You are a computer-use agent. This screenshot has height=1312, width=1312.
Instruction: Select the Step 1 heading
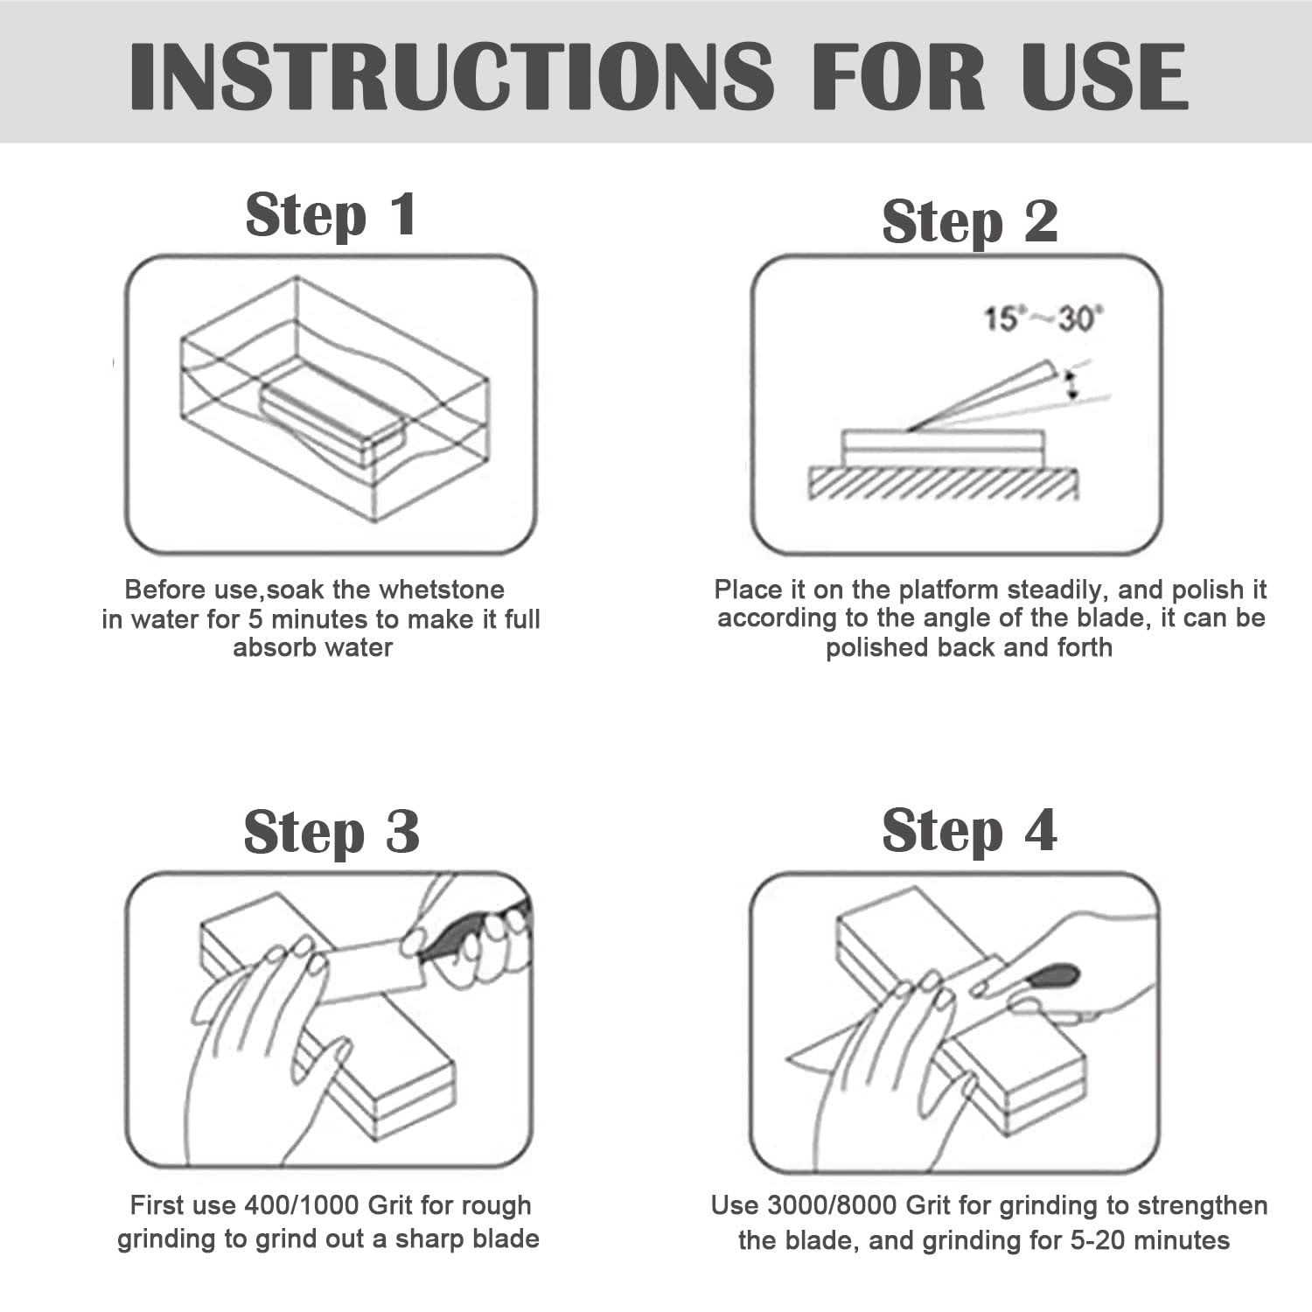pyautogui.click(x=331, y=215)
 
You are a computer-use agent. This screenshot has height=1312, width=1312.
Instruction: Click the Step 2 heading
pyautogui.click(x=970, y=221)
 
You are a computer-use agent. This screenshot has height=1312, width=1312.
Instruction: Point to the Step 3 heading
pyautogui.click(x=331, y=831)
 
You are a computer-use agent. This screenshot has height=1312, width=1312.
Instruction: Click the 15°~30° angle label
pyautogui.click(x=1041, y=319)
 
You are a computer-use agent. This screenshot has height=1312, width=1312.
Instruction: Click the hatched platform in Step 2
pyautogui.click(x=943, y=484)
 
